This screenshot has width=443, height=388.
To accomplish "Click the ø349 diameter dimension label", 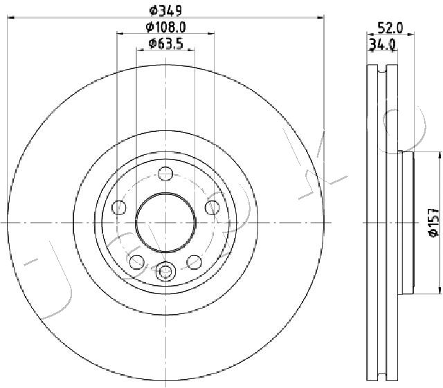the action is pyautogui.click(x=165, y=11).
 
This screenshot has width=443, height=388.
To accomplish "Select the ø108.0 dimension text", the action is pyautogui.click(x=166, y=28).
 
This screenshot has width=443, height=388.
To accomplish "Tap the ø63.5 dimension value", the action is pyautogui.click(x=166, y=44).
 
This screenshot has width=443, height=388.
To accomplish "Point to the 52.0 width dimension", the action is pyautogui.click(x=390, y=28).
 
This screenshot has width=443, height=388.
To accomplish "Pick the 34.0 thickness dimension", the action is pyautogui.click(x=382, y=45).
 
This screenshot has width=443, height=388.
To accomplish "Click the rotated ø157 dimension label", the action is pyautogui.click(x=434, y=222).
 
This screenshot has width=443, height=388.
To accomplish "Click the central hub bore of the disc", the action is pyautogui.click(x=165, y=223).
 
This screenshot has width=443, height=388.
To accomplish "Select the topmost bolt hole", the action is pyautogui.click(x=165, y=174).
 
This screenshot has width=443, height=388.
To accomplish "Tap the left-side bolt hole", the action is pyautogui.click(x=119, y=207).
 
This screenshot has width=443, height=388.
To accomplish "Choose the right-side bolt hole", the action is pyautogui.click(x=213, y=207).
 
